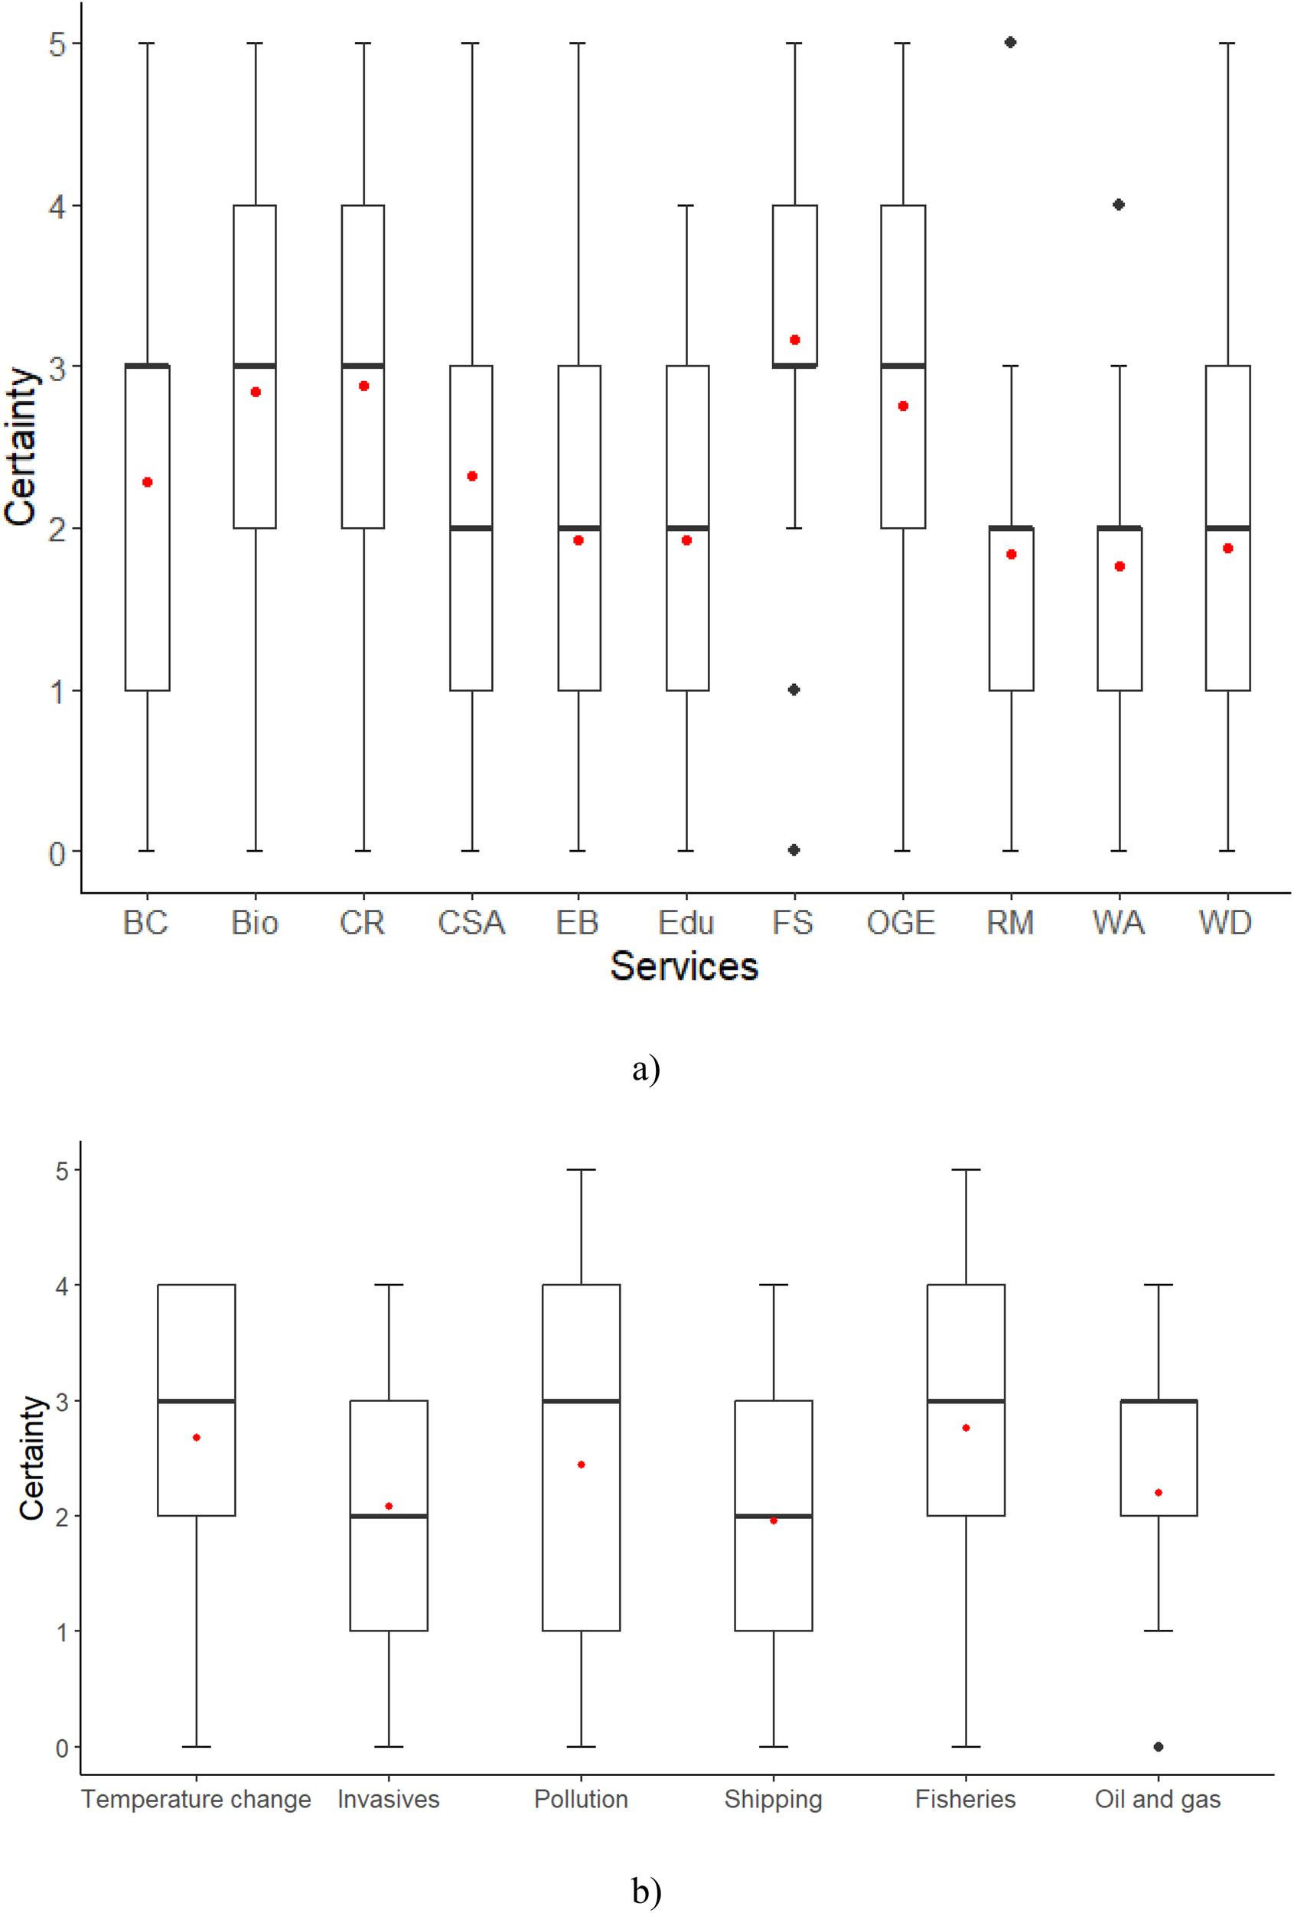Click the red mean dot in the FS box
(x=794, y=340)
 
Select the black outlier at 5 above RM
(x=1011, y=42)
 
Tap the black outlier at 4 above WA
(x=1119, y=204)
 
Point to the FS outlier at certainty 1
(x=794, y=689)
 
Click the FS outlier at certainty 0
(x=794, y=849)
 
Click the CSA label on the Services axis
(x=471, y=923)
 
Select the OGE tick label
(x=901, y=923)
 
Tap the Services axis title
(x=683, y=966)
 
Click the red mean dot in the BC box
(x=148, y=482)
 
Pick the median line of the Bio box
(x=255, y=366)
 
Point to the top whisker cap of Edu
(x=686, y=205)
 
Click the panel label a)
(x=646, y=1069)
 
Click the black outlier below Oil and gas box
(x=1159, y=1746)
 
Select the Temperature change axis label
(x=196, y=1800)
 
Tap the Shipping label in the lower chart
(x=773, y=1800)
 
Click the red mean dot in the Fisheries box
(x=966, y=1427)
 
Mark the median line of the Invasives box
(x=389, y=1515)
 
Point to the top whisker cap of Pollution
(x=581, y=1169)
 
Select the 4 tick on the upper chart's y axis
(x=57, y=206)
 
